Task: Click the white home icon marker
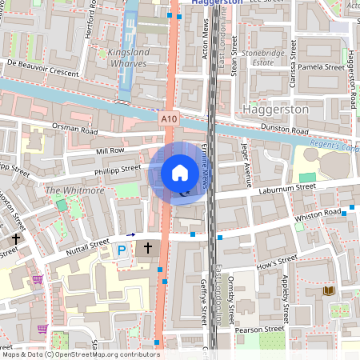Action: point(180,173)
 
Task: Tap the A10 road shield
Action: point(168,119)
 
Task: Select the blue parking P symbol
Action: point(122,250)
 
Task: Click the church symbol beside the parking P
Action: point(147,249)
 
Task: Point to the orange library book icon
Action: point(327,291)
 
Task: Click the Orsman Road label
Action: point(74,129)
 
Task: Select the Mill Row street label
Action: point(110,150)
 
